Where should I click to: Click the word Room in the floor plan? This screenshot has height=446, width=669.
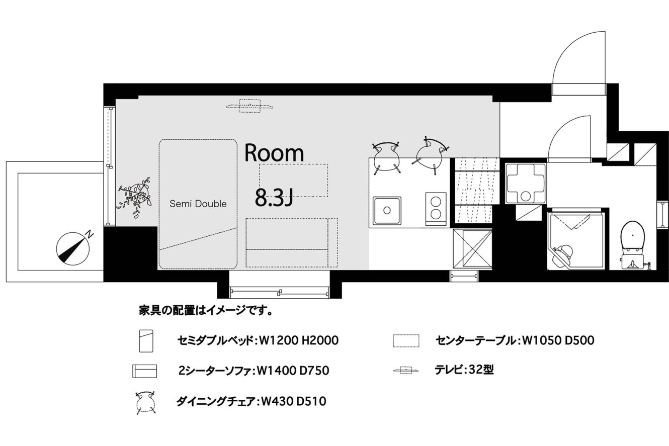point(274,153)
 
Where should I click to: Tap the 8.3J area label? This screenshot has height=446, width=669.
point(274,198)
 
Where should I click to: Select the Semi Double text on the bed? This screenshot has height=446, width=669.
point(198,204)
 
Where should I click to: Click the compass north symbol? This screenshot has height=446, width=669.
point(73,247)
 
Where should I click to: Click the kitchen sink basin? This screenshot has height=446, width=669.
point(387,210)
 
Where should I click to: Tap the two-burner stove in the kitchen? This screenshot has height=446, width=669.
point(436,209)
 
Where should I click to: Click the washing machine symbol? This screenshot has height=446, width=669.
point(525,184)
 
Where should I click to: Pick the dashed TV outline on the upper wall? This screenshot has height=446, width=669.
point(249,106)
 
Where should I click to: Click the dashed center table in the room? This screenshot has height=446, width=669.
point(293,180)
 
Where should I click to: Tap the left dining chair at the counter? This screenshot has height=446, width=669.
point(386,157)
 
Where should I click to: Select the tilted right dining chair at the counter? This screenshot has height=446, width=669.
point(430,155)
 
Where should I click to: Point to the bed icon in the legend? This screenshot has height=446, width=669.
point(146,340)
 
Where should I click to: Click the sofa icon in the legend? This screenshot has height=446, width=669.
point(144,371)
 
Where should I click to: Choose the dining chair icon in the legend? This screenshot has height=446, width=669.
point(145,402)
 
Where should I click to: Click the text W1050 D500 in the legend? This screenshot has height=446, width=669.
point(558,340)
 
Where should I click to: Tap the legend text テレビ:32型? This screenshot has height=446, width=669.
point(464,370)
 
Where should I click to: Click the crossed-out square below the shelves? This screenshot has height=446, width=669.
point(472,249)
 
